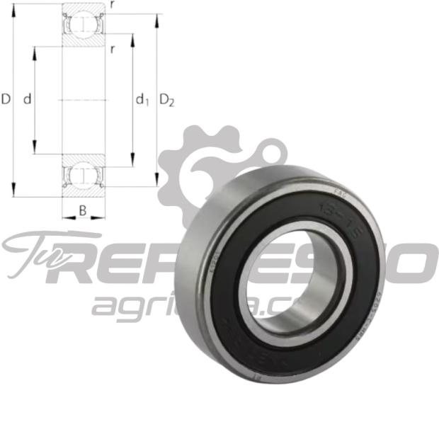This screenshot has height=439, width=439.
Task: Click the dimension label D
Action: [6, 100]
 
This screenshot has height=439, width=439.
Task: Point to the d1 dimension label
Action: [142, 101]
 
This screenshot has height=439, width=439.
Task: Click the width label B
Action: [83, 210]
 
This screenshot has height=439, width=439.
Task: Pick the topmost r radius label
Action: [113, 4]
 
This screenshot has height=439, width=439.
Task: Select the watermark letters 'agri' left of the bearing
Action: [120, 305]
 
